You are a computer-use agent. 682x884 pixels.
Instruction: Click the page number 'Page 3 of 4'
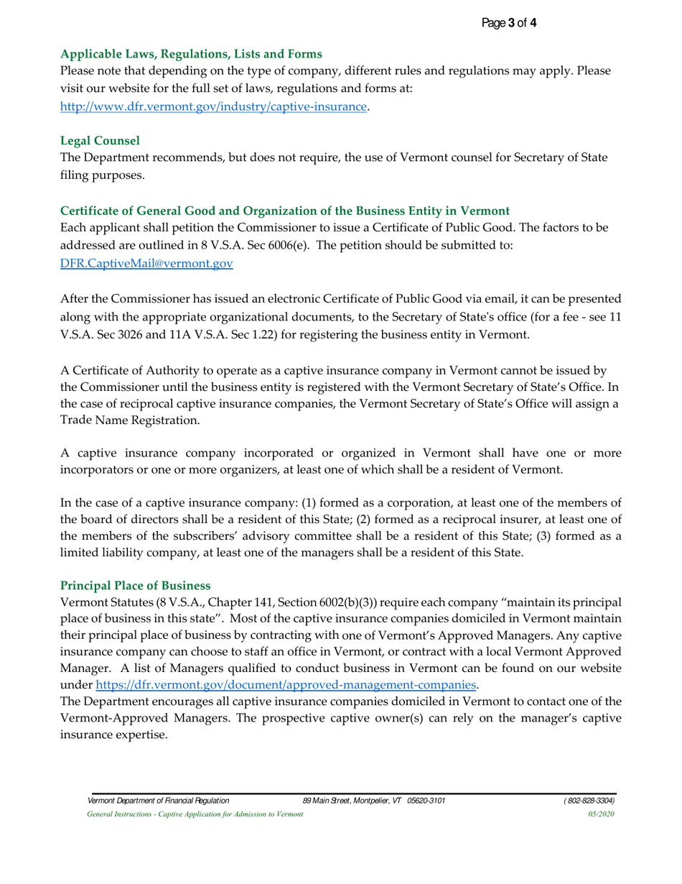pyautogui.click(x=508, y=23)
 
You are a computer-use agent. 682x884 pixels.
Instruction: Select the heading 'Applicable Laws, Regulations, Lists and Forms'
pyautogui.click(x=191, y=54)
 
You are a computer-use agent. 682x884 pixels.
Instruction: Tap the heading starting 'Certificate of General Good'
pyautogui.click(x=285, y=211)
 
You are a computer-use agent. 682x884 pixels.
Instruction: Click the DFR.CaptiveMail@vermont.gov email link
pyautogui.click(x=146, y=264)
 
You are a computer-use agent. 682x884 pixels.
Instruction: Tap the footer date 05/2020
pyautogui.click(x=601, y=814)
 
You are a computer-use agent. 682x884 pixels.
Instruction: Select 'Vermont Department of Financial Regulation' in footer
pyautogui.click(x=158, y=800)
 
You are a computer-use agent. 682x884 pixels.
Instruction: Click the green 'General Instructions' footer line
pyautogui.click(x=195, y=814)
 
